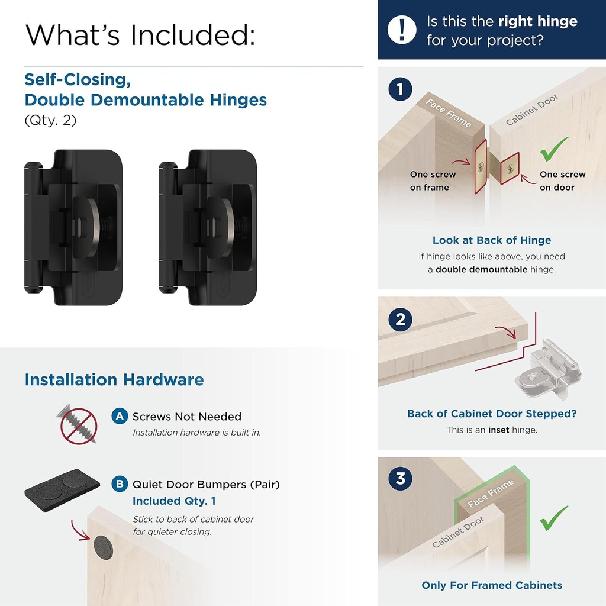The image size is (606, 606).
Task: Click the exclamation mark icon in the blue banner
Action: (402, 30)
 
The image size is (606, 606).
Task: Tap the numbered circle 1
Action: (401, 90)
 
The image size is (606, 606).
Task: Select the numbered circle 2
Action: (401, 320)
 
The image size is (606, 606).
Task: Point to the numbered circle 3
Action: (401, 478)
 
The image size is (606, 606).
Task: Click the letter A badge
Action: (120, 417)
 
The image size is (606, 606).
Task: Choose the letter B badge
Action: (120, 485)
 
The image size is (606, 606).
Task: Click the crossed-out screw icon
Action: (79, 424)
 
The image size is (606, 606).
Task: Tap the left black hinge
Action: (72, 228)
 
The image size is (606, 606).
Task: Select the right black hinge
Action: (208, 228)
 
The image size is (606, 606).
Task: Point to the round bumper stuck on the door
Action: (103, 544)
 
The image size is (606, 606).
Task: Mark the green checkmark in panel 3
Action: (554, 518)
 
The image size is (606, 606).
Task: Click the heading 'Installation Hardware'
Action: (114, 380)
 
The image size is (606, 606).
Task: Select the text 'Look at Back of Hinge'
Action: (491, 240)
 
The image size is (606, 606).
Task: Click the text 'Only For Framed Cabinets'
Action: (491, 585)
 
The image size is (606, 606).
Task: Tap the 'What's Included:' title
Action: (140, 35)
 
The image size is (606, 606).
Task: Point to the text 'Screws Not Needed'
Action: (187, 417)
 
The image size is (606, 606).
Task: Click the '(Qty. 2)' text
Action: (50, 120)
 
